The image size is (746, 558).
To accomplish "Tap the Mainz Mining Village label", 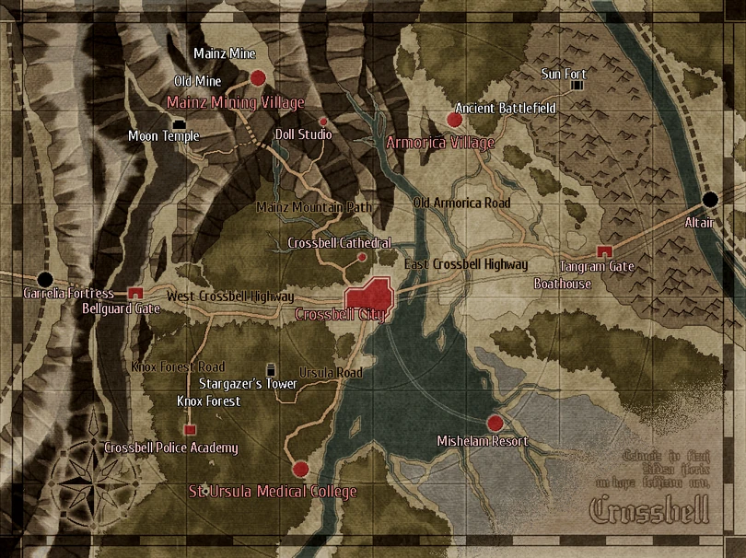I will coord(235,102).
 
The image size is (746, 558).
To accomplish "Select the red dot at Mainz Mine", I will coord(258,77).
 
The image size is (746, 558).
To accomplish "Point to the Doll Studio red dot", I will coord(323,122).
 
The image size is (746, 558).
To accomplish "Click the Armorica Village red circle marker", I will coord(454,119).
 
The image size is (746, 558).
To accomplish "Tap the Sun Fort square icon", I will coord(577,86).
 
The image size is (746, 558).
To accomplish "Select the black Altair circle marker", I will coord(710,200).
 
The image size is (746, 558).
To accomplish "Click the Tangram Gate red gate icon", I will coord(605,250).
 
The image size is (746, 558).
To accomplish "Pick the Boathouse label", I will coord(562,284).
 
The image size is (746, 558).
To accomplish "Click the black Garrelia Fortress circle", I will coord(44,279).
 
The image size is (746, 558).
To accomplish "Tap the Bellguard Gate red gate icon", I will coord(135,293).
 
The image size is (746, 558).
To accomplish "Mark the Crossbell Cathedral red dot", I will coord(362,258).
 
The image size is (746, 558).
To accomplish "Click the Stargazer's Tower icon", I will coord(271,367).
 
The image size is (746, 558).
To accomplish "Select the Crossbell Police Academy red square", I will coord(190,430).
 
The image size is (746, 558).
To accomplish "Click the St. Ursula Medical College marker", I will coord(299,469).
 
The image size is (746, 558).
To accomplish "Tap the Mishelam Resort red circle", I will coord(495,423).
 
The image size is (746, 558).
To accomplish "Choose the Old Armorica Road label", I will coord(460,203).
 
